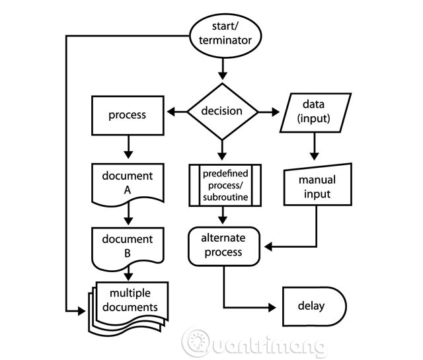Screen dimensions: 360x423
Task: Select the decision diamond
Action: click(222, 110)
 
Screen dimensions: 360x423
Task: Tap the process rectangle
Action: click(127, 115)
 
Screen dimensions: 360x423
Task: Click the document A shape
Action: click(128, 182)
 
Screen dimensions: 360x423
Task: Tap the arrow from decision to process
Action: click(176, 112)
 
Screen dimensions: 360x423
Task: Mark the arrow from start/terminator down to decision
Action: click(222, 67)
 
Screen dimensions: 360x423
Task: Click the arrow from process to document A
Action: click(128, 145)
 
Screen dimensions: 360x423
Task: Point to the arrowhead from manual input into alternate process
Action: click(268, 246)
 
